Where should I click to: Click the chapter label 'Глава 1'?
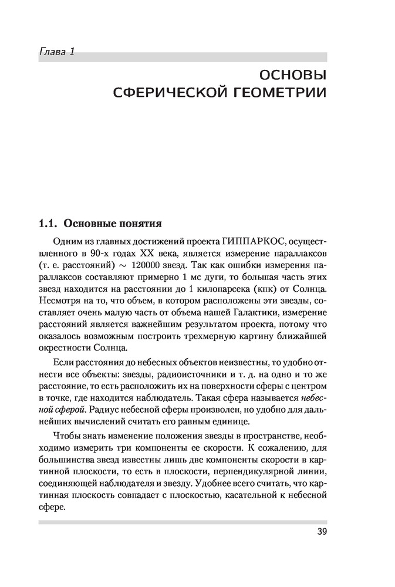56,52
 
